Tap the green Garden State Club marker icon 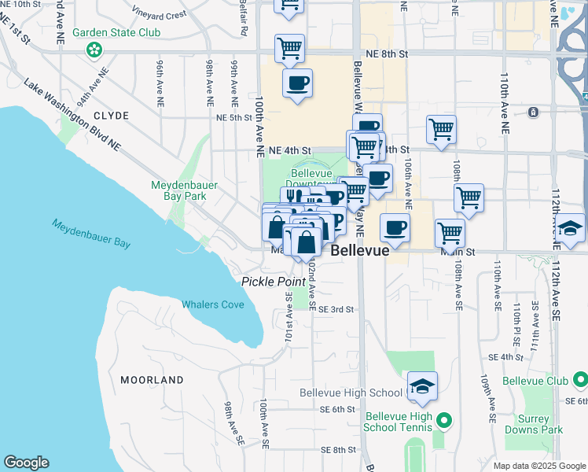point(94,50)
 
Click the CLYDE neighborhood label point(111,115)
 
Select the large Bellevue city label point(360,251)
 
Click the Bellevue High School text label point(351,393)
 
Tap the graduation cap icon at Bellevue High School point(422,386)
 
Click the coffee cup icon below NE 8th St point(297,83)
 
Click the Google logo point(26,463)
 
